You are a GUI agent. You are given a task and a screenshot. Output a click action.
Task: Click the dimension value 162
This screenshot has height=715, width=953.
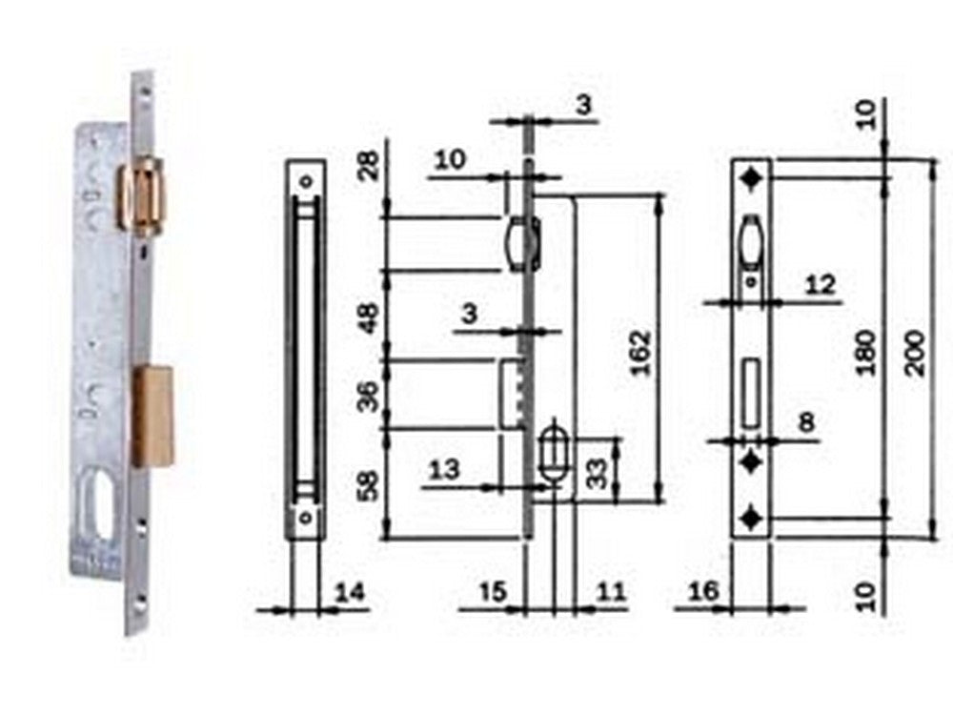(641, 352)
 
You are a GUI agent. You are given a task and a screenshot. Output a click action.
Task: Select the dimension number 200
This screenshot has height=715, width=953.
(916, 352)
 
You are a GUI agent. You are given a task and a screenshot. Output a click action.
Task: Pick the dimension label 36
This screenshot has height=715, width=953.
(367, 395)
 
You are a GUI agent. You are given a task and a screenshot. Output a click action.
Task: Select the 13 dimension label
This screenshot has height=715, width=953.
(444, 469)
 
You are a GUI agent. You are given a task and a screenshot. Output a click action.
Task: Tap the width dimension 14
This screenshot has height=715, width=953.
(350, 593)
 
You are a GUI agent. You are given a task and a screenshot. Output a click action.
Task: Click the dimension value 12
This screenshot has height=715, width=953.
(819, 284)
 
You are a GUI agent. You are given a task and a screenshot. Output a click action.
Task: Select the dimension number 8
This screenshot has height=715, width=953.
(807, 422)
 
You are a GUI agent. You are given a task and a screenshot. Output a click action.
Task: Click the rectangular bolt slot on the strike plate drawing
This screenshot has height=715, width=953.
(751, 392)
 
